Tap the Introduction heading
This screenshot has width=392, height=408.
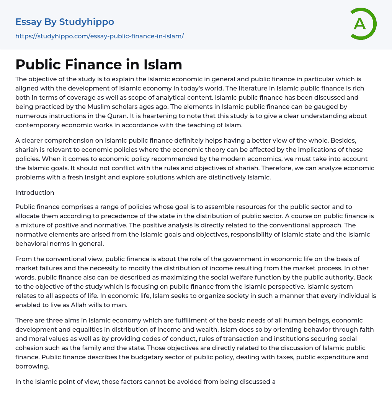[x=35, y=192]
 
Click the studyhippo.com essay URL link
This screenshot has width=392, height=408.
[x=100, y=36]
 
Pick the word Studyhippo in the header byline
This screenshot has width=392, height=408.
[x=87, y=22]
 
